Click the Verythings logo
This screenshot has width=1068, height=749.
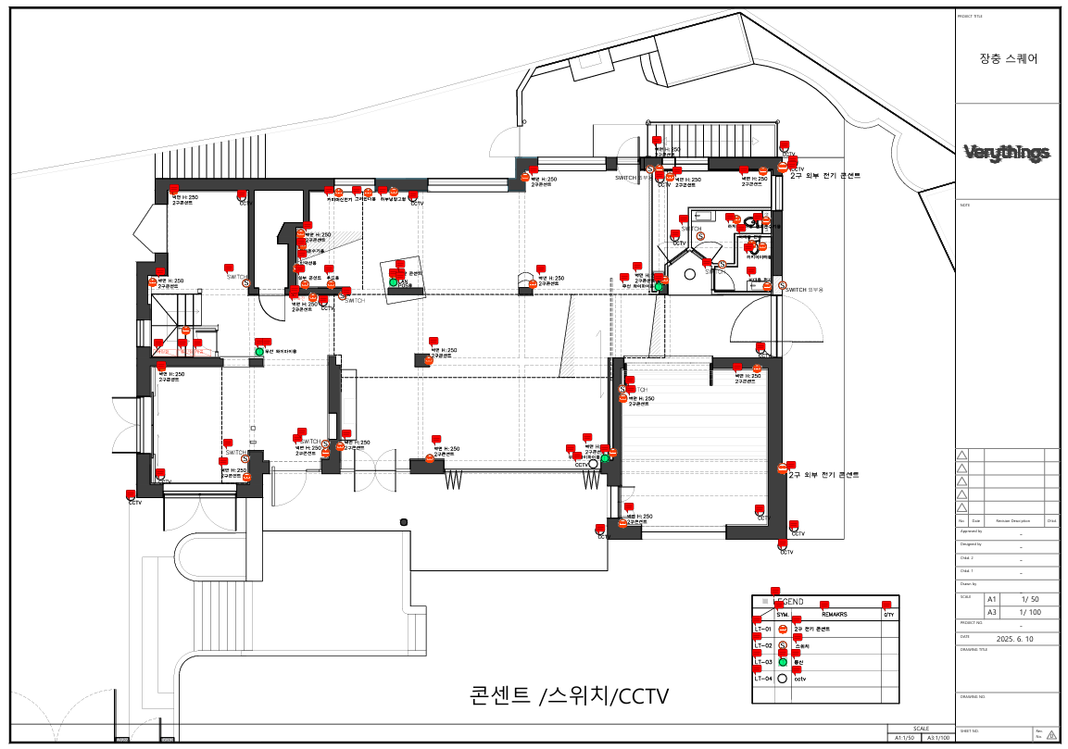[1007, 153]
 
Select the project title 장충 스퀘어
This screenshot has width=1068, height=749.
[1008, 57]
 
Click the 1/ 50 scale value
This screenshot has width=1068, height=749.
[1027, 599]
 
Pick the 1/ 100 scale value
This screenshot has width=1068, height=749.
[1027, 612]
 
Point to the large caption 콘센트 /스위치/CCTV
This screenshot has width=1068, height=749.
[569, 695]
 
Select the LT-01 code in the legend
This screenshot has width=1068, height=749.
[763, 630]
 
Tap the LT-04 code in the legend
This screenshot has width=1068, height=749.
[763, 679]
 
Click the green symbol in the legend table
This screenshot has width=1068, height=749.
[783, 663]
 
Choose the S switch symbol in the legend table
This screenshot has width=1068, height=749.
[783, 646]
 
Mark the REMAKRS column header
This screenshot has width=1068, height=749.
[835, 615]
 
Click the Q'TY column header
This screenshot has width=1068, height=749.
[887, 615]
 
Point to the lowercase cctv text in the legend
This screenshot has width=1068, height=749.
[801, 679]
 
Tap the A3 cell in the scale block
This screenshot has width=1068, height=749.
[993, 612]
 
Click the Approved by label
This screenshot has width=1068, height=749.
[972, 531]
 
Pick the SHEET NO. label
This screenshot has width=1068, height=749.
[970, 730]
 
